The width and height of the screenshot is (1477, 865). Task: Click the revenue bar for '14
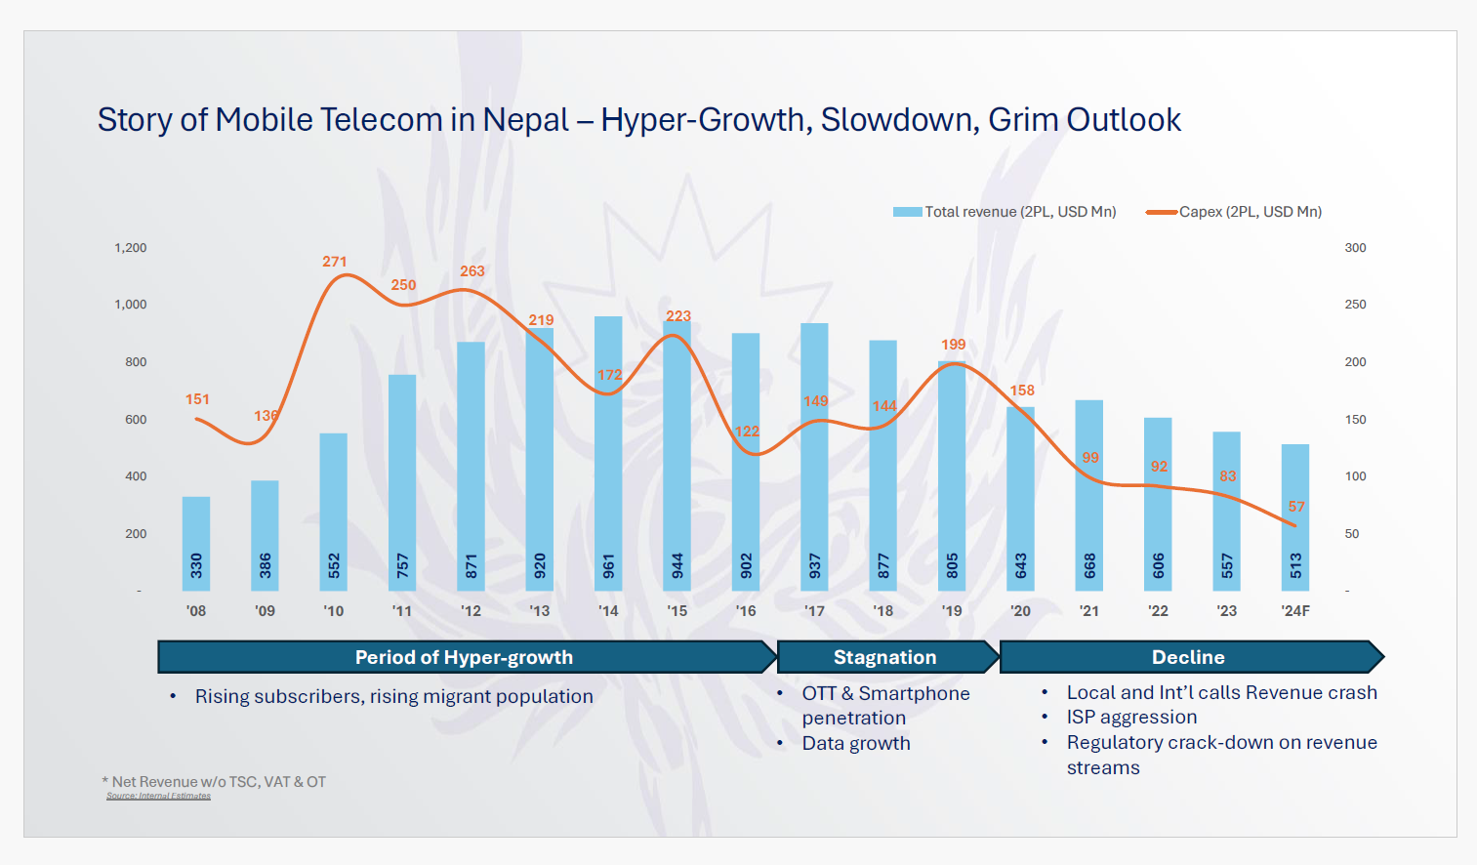608,454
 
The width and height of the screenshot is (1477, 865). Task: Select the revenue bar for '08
196,544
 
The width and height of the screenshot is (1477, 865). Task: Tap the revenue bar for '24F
1295,517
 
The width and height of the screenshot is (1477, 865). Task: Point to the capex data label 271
335,262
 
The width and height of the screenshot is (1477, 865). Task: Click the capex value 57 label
1296,507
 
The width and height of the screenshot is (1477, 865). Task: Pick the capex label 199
954,345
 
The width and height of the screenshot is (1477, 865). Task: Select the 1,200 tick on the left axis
131,248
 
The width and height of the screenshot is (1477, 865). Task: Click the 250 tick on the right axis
1355,305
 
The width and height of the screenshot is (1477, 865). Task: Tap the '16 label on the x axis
746,611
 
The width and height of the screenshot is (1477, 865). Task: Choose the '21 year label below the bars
1089,611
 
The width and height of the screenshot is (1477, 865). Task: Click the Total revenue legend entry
1005,212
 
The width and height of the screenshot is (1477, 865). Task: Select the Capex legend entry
1235,212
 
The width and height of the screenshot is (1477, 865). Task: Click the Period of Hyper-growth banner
465,657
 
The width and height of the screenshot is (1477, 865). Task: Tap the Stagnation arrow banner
885,657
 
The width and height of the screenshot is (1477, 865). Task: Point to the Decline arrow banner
1189,657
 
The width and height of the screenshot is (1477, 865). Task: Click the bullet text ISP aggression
1131,718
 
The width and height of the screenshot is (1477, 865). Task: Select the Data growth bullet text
856,744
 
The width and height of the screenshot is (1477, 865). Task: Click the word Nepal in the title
525,120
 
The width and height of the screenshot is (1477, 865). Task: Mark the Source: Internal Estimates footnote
158,797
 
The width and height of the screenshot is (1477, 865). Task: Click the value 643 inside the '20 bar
1021,565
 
